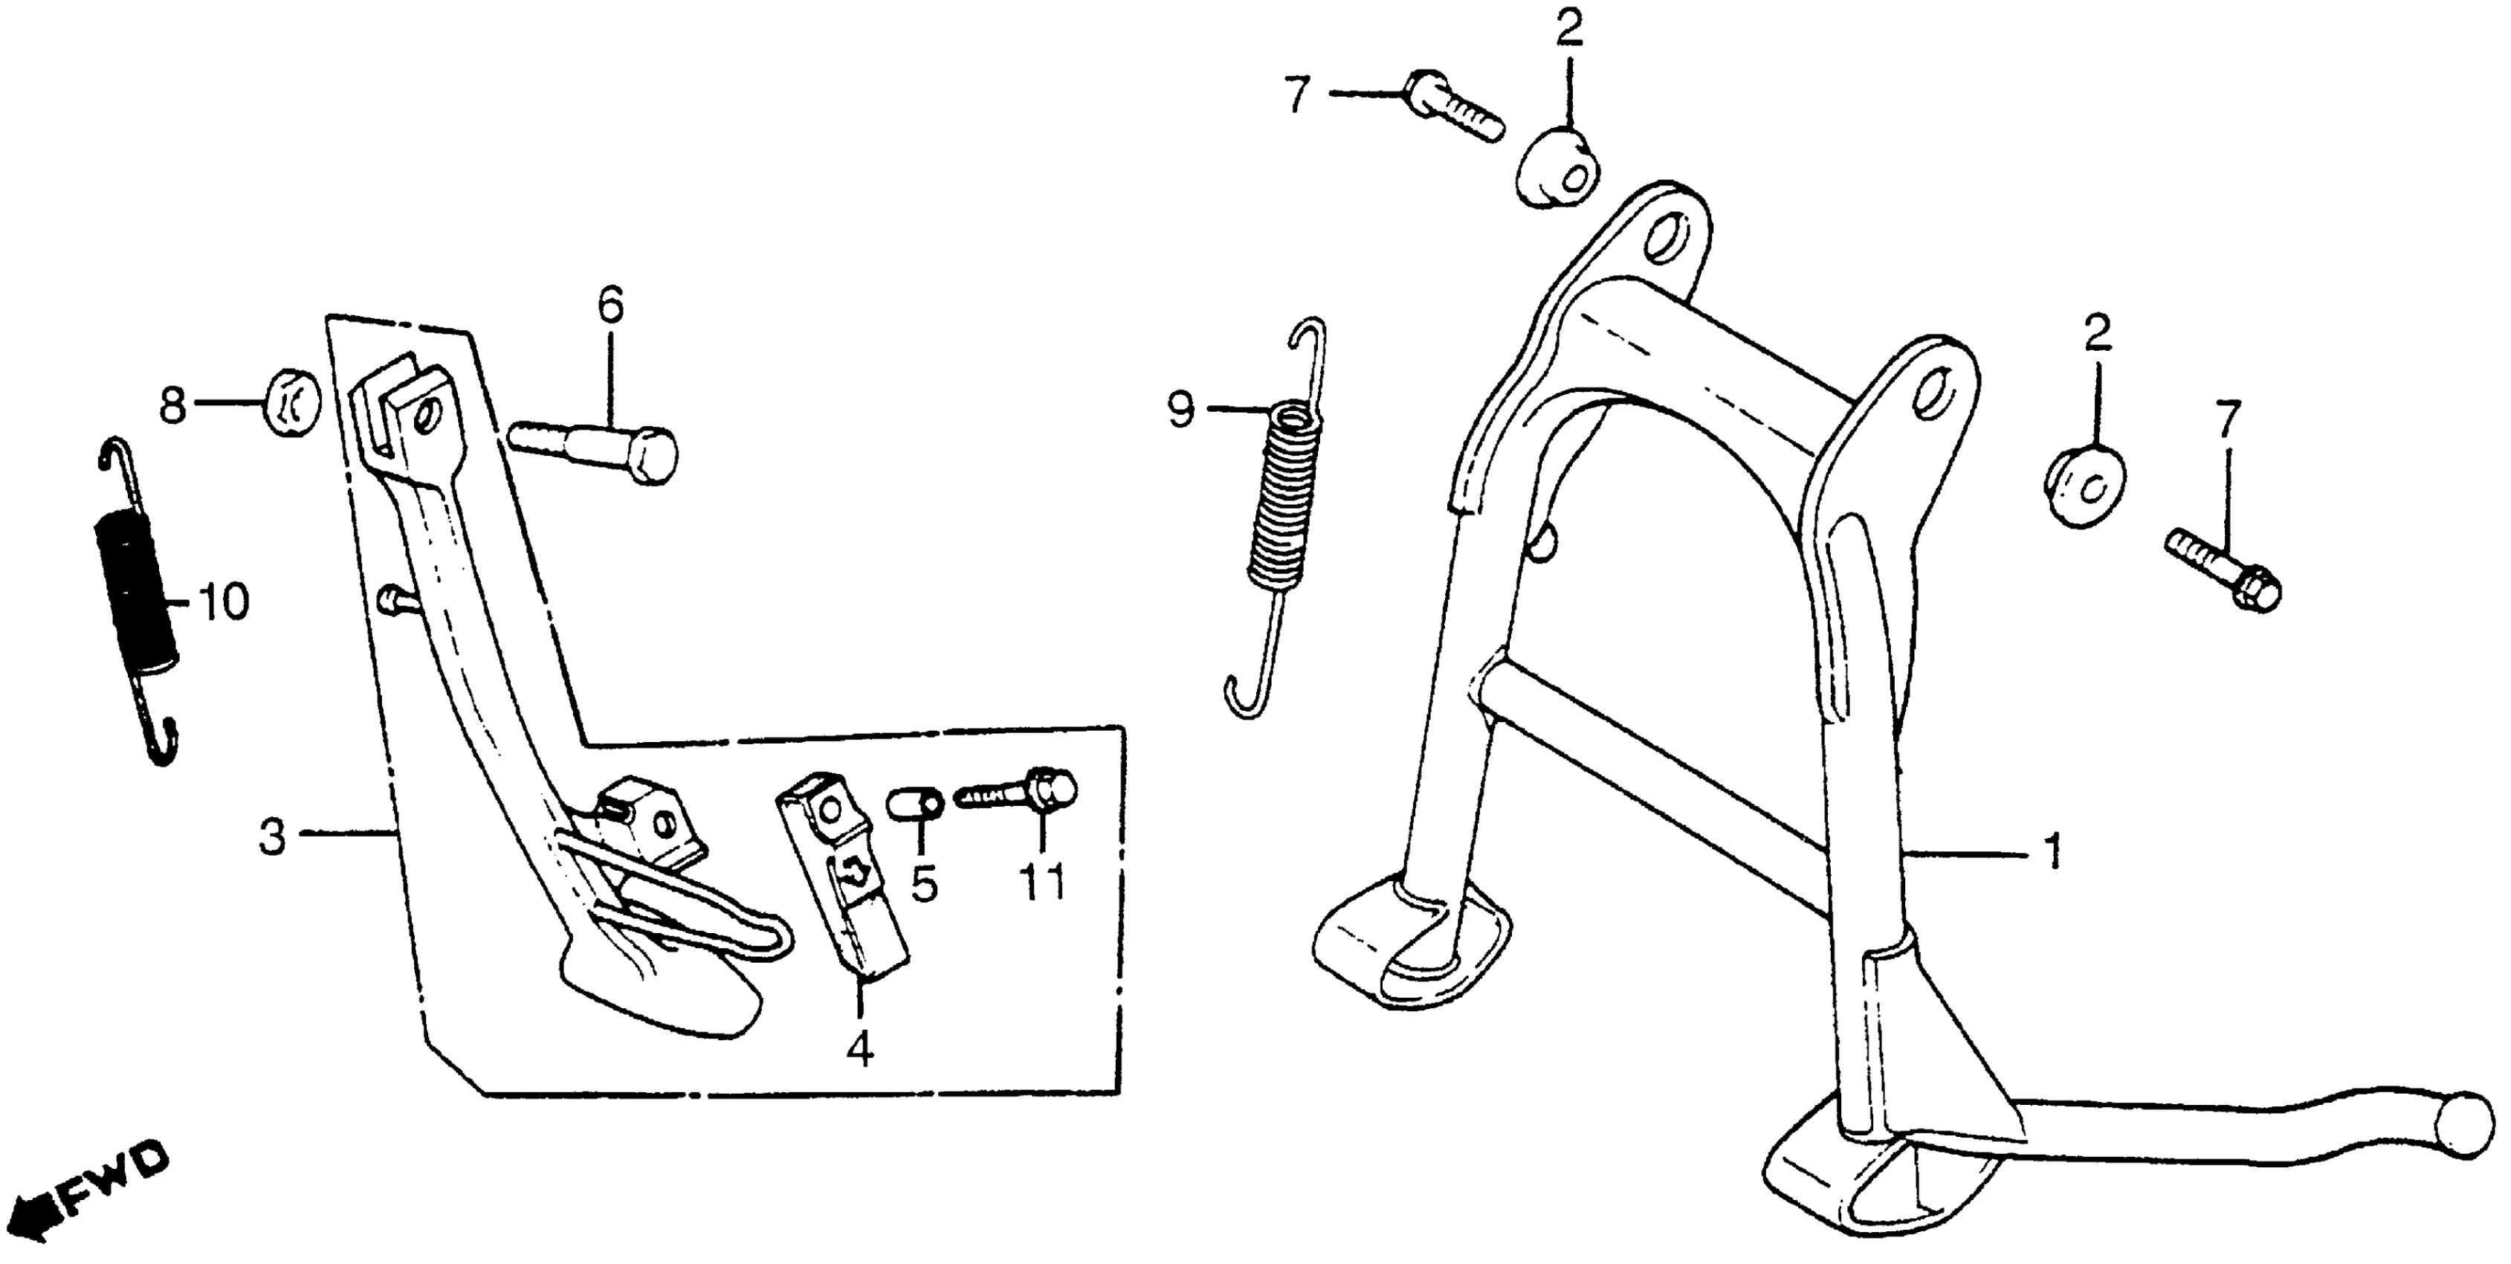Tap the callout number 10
pyautogui.click(x=223, y=603)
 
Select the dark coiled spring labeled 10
pyautogui.click(x=137, y=594)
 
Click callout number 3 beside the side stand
pyautogui.click(x=272, y=836)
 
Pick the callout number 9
pyautogui.click(x=1180, y=410)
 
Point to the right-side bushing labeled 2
pyautogui.click(x=2084, y=485)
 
